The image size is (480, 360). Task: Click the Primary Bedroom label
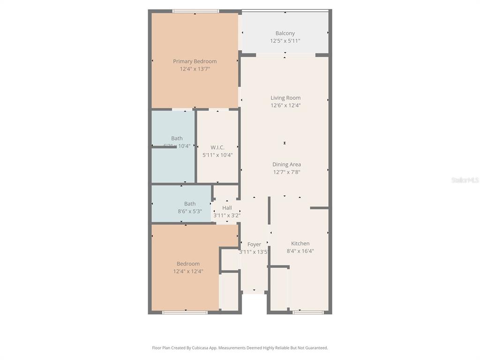[195, 61]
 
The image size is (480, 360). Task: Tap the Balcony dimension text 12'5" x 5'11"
[285, 41]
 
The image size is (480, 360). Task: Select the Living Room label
[285, 98]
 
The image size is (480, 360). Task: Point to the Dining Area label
[286, 165]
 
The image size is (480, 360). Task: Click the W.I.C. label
[217, 147]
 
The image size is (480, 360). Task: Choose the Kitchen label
[300, 243]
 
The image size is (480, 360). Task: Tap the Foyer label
[254, 244]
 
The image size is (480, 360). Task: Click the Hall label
[227, 208]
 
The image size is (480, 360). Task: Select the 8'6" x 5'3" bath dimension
[190, 211]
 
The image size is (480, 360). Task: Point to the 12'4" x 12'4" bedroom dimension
[188, 271]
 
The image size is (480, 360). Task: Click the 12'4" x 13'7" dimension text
[195, 69]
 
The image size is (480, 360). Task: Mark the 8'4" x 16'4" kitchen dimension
[300, 251]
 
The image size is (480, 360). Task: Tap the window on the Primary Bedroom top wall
[195, 11]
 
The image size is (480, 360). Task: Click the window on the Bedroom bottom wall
[185, 312]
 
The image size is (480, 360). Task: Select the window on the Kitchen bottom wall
[308, 312]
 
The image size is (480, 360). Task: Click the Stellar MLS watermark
[465, 180]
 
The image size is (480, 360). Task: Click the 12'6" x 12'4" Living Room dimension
[285, 105]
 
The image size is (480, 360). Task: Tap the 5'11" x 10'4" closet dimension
[217, 155]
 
